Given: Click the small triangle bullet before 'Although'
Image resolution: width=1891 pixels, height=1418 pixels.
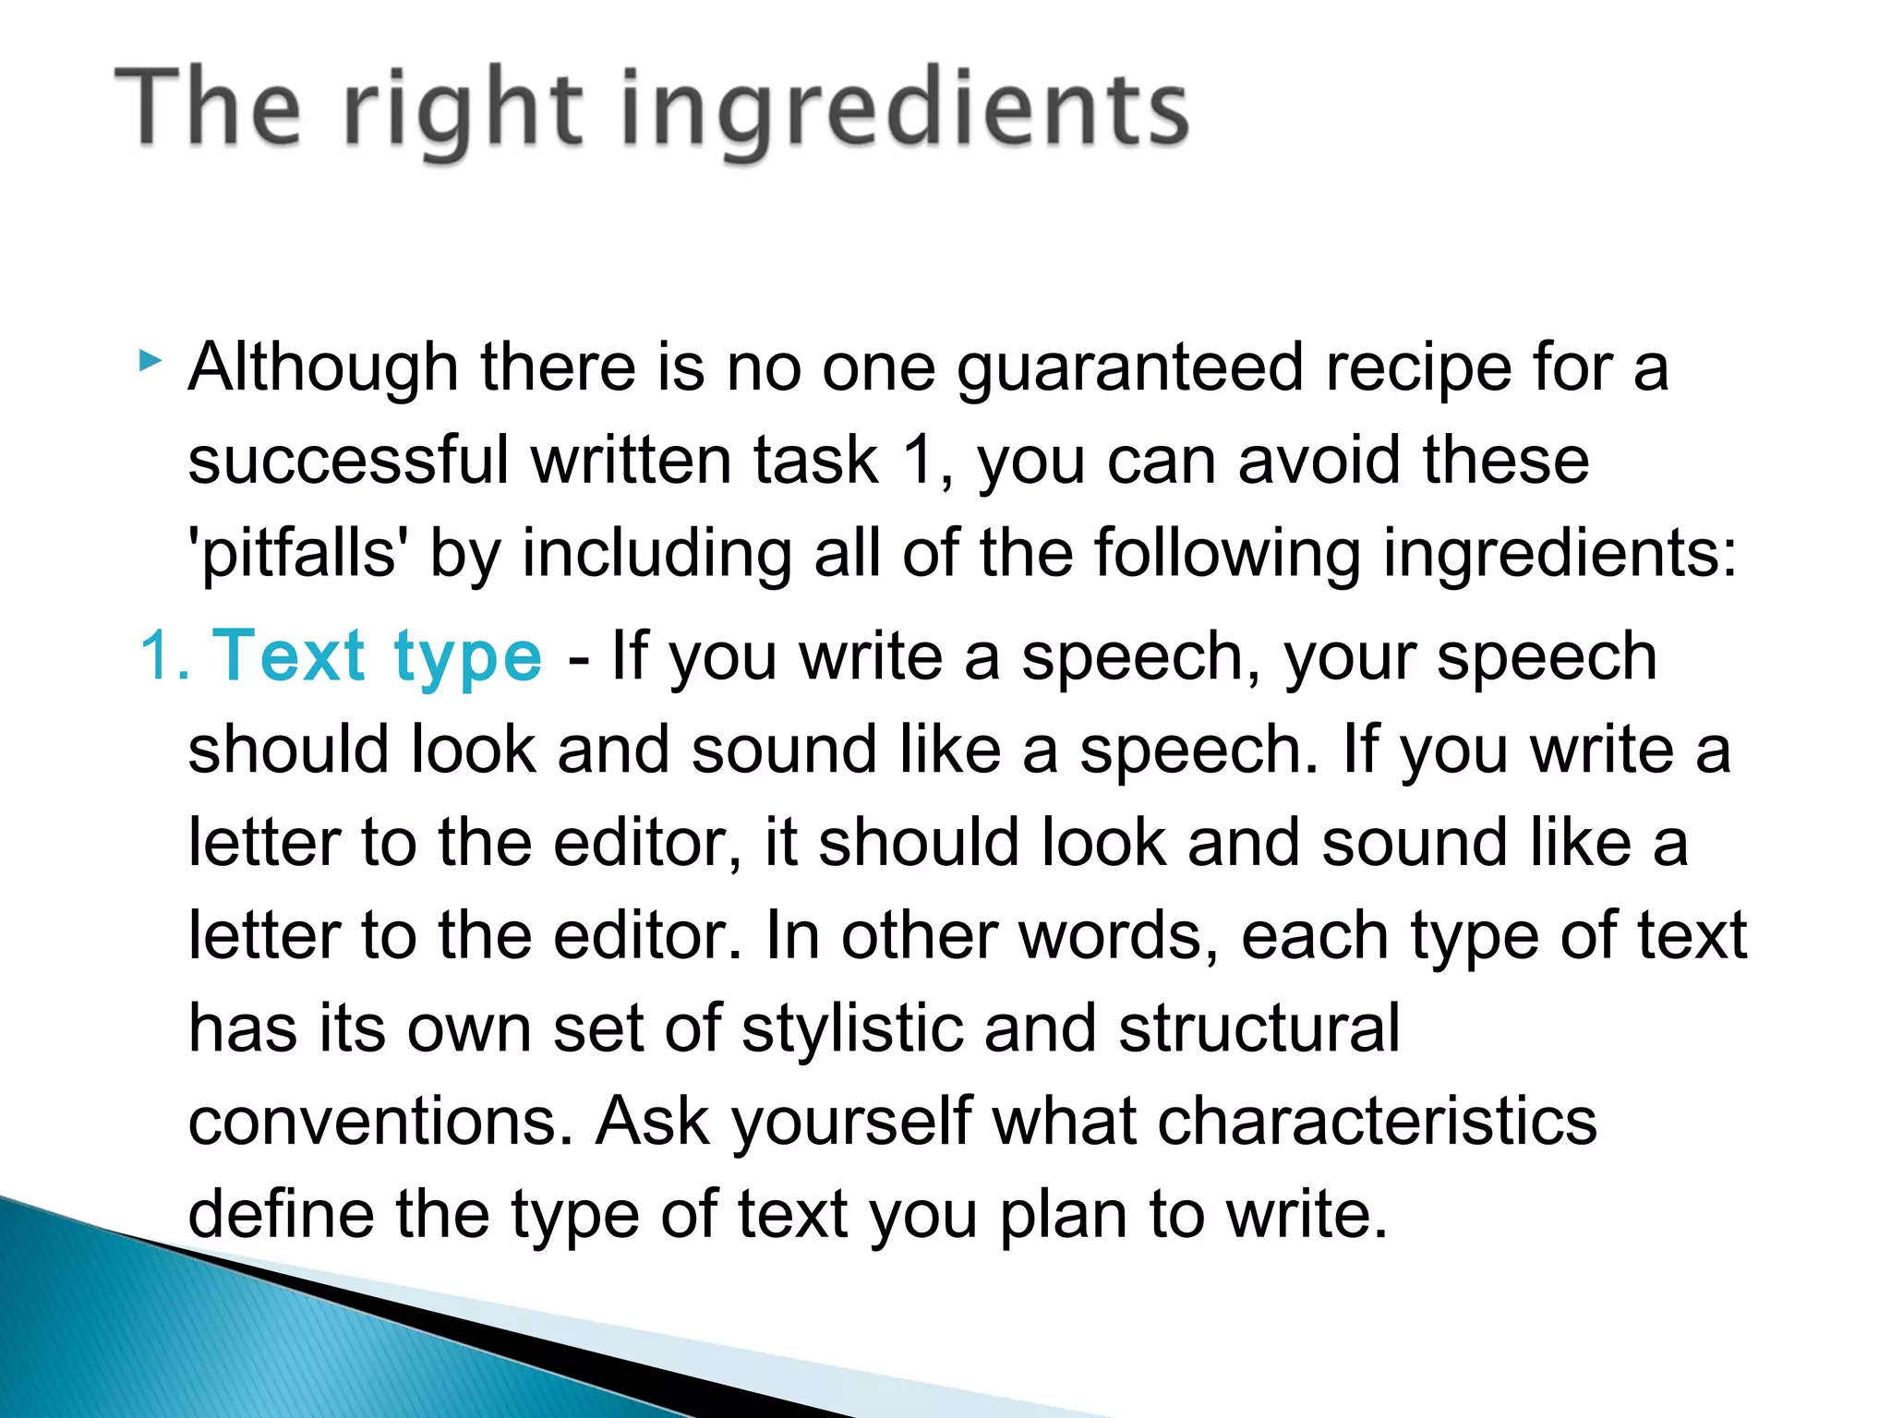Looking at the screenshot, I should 150,361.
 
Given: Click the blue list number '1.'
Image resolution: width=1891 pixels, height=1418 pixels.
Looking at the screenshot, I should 165,656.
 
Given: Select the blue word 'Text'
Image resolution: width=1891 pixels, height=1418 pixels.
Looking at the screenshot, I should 289,656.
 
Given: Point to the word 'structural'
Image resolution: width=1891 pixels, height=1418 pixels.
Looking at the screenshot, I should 1259,1028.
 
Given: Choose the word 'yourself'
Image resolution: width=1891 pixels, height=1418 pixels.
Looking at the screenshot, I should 851,1123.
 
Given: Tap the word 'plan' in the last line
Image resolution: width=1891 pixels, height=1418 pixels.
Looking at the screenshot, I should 1063,1215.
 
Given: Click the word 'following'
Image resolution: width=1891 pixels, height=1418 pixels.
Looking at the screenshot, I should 1227,554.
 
